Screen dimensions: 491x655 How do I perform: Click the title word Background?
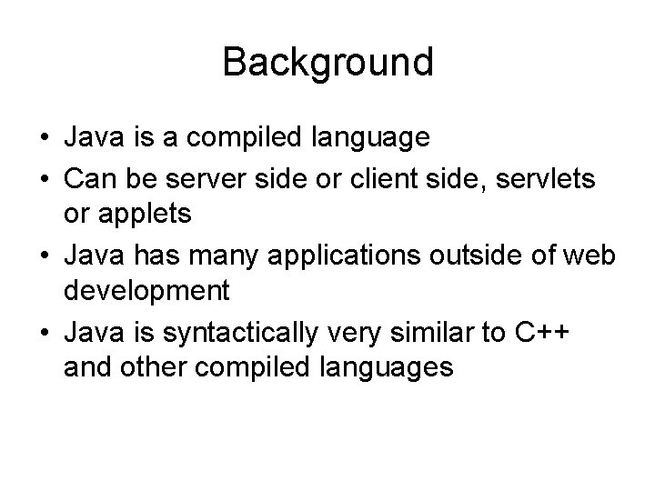click(x=327, y=64)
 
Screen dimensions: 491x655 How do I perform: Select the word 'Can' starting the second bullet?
click(x=86, y=181)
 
